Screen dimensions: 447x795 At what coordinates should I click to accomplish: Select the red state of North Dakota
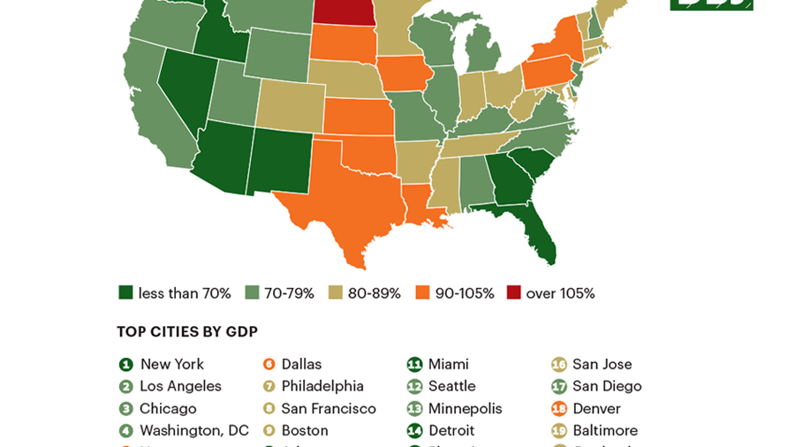(345, 11)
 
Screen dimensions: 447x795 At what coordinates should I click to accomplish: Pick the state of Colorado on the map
(291, 105)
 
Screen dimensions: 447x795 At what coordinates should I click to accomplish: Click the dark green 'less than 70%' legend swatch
(125, 293)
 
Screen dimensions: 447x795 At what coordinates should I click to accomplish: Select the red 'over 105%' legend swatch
(514, 293)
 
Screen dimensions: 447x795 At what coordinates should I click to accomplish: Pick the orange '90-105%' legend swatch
(423, 293)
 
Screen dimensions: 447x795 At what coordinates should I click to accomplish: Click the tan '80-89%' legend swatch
(335, 293)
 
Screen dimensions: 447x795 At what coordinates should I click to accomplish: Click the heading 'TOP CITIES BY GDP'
(187, 331)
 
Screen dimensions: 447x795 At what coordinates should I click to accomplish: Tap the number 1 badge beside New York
(125, 364)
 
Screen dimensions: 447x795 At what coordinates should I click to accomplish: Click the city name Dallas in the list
(301, 364)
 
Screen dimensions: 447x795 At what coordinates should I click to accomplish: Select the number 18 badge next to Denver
(558, 408)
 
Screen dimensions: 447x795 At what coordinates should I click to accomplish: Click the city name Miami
(448, 364)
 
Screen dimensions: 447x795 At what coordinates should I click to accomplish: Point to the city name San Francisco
(329, 408)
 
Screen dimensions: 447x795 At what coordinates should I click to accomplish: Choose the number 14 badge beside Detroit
(414, 430)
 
